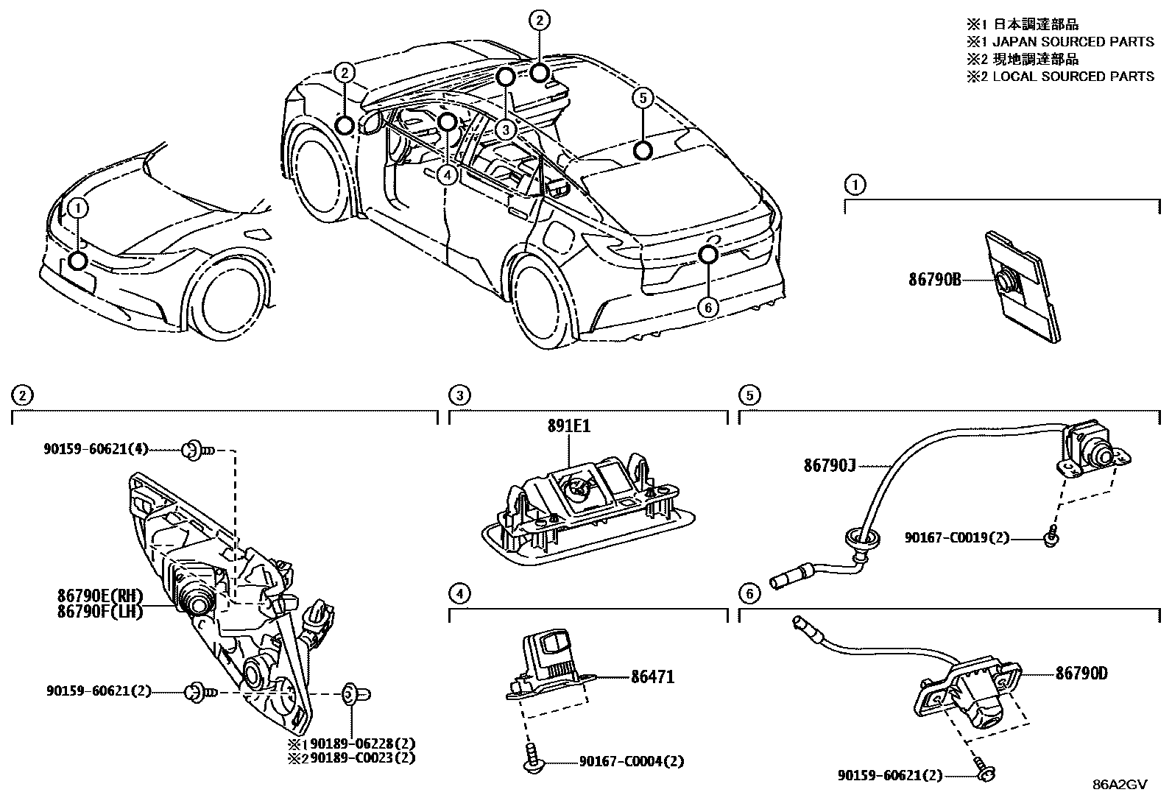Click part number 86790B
(x=935, y=280)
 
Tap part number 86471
(x=652, y=676)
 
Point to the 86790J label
(x=829, y=465)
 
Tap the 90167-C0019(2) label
(x=956, y=538)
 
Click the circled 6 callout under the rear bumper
(x=707, y=307)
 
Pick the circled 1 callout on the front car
(x=78, y=208)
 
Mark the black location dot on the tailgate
(x=707, y=254)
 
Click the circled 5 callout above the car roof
(x=643, y=98)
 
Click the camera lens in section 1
(x=1005, y=280)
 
